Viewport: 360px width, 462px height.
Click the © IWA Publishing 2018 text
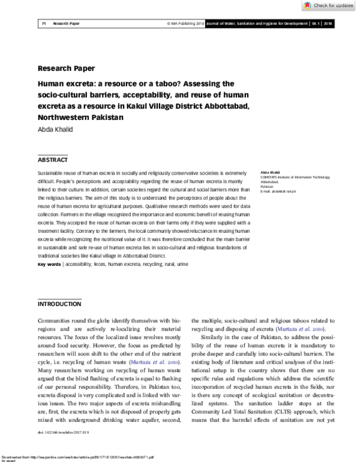(x=185, y=24)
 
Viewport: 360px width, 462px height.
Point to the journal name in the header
(x=256, y=24)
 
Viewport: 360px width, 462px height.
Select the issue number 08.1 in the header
(x=315, y=24)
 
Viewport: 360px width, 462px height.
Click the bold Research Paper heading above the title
(x=66, y=68)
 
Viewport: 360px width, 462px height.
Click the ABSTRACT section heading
(x=53, y=160)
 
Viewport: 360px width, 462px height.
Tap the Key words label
(x=49, y=264)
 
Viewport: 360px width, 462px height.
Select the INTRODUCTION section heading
(x=59, y=304)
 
